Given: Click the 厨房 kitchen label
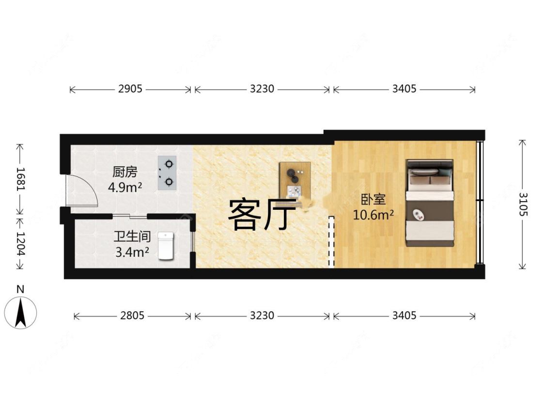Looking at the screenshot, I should click(x=125, y=172).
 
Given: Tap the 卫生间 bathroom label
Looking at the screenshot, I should click(x=132, y=237).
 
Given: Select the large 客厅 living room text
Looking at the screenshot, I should click(x=262, y=214).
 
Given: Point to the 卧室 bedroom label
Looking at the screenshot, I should click(x=373, y=200).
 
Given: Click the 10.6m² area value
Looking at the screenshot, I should click(x=373, y=215).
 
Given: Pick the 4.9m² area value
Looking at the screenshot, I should click(x=125, y=187).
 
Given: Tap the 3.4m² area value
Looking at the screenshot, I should click(x=132, y=252).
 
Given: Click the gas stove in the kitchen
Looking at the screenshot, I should click(x=167, y=173).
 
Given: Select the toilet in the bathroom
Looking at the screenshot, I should click(x=165, y=246).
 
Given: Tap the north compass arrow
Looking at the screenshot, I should click(x=20, y=313).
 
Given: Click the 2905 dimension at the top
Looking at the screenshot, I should click(x=130, y=89).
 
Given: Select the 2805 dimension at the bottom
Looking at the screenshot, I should click(x=132, y=316).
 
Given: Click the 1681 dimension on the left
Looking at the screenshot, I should click(x=20, y=179).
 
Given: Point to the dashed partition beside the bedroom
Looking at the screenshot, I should click(x=331, y=241).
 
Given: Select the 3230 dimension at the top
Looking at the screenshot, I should click(x=262, y=89).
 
